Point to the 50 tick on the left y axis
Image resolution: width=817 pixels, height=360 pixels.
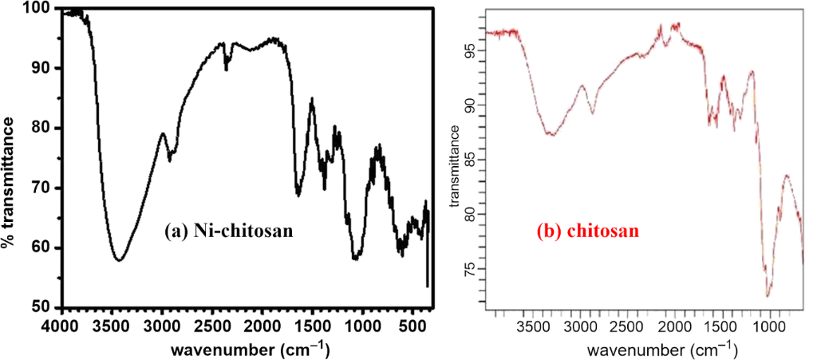(46, 308)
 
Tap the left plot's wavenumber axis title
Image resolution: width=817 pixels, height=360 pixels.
(245, 349)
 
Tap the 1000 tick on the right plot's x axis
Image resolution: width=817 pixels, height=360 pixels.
(769, 326)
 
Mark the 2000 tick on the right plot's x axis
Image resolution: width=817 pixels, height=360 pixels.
(674, 326)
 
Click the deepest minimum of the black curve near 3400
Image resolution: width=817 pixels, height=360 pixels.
(118, 261)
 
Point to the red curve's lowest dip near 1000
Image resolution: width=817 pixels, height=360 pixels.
(768, 296)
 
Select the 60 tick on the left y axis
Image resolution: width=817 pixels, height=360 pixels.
(46, 248)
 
